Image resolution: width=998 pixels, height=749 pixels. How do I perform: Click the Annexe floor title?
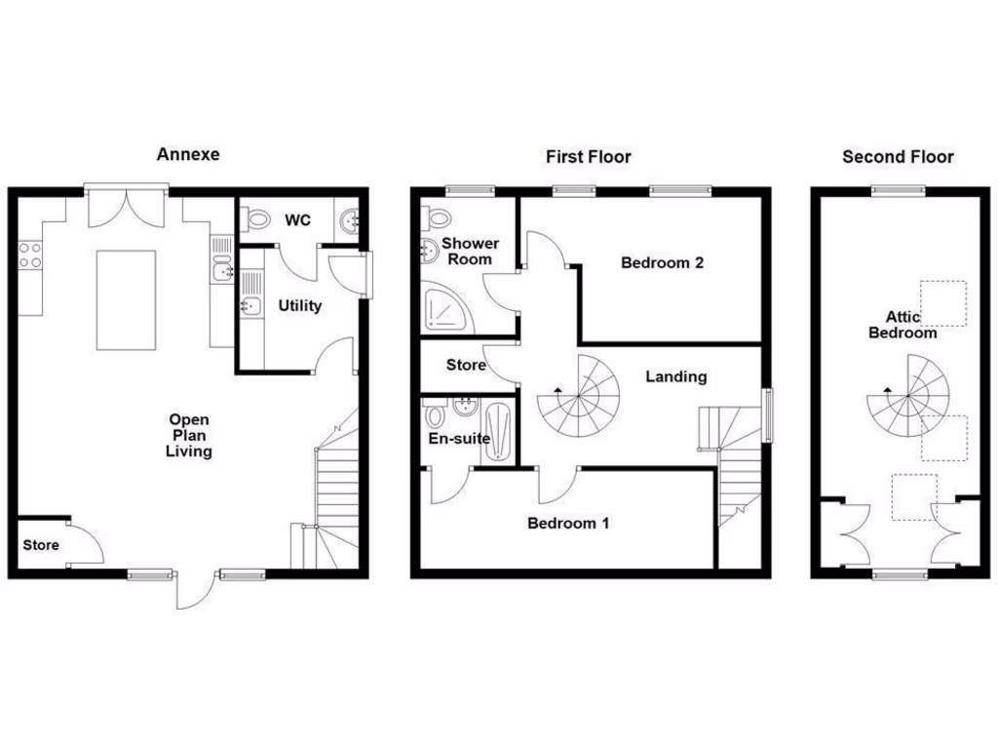click(x=188, y=154)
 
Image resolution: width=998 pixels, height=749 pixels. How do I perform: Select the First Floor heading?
click(x=588, y=156)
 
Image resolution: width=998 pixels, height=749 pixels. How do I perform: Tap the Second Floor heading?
click(x=898, y=156)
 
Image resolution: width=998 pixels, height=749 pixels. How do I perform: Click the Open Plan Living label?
click(x=188, y=436)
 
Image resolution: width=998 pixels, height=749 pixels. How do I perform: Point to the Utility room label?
click(x=299, y=306)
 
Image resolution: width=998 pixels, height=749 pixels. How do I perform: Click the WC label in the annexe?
click(x=297, y=220)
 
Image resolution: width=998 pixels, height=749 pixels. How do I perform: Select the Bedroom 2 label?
click(x=662, y=262)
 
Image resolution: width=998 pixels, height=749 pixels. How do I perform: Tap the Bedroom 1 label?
click(x=568, y=523)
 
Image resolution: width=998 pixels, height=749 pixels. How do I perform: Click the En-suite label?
click(x=459, y=439)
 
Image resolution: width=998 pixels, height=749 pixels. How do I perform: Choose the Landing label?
click(x=675, y=376)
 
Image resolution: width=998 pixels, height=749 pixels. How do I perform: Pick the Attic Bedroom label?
click(x=911, y=324)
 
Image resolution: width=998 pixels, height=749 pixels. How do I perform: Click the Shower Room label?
click(x=470, y=251)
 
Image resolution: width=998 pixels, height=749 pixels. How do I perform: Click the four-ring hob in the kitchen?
click(x=30, y=255)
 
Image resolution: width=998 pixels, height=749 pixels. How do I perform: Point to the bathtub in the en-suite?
click(x=499, y=429)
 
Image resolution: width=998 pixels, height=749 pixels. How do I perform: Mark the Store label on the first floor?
click(x=466, y=366)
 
